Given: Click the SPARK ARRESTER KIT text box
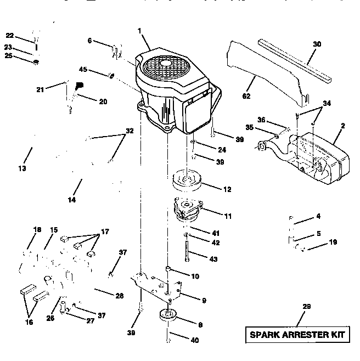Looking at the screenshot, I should (x=299, y=334).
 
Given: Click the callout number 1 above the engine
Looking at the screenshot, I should (x=140, y=32).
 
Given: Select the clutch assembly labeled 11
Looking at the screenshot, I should (x=188, y=208).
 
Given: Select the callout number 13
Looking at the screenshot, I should (x=22, y=169).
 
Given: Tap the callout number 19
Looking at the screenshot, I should (x=333, y=242).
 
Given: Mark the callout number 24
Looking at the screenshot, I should (x=221, y=149).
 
